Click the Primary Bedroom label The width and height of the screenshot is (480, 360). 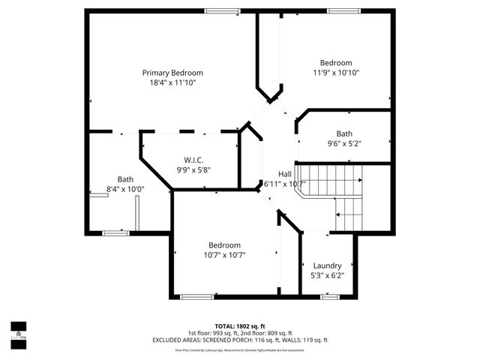tap(172, 73)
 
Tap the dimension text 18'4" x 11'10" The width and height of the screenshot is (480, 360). tap(172, 83)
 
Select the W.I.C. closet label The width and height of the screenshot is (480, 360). tap(193, 159)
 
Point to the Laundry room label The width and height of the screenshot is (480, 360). tap(327, 265)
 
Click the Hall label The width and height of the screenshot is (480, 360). tap(285, 173)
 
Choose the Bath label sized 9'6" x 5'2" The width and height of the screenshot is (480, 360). tap(344, 133)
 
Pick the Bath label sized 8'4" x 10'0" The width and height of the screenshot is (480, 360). tap(124, 179)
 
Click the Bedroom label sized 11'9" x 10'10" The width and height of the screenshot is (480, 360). tap(335, 63)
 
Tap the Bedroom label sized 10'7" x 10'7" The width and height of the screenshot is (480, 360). tap(224, 245)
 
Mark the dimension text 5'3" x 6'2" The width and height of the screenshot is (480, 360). tap(327, 276)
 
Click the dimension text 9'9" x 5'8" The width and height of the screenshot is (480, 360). tap(193, 169)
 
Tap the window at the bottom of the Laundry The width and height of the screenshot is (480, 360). tap(329, 297)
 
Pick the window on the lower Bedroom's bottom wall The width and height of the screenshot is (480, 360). tap(197, 297)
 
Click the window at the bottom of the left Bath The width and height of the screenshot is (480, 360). tap(115, 233)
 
